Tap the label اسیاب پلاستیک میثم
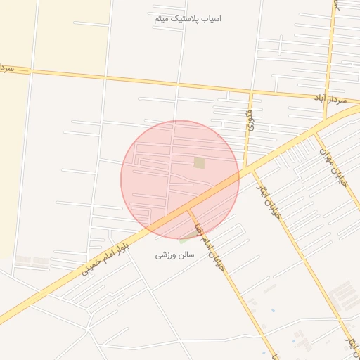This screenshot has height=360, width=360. [x=188, y=18]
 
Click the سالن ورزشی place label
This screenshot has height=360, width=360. [x=171, y=255]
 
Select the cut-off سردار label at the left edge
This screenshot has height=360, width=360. [x=7, y=68]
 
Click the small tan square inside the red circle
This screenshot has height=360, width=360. [x=199, y=162]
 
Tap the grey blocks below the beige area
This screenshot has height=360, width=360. [x=32, y=261]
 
